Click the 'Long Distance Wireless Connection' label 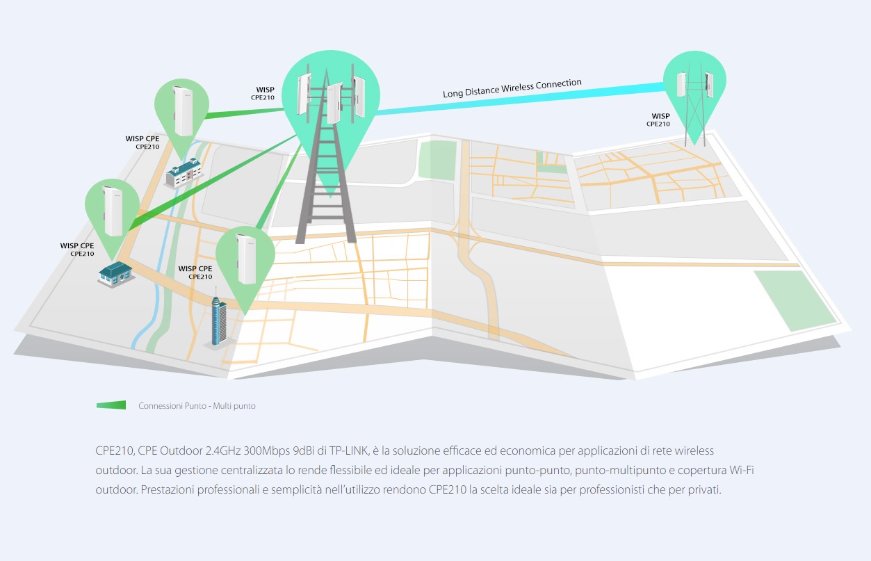click(x=512, y=88)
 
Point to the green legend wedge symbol click(x=111, y=405)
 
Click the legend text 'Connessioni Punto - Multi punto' click(x=197, y=405)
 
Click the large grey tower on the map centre click(x=325, y=181)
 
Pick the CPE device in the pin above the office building click(x=183, y=110)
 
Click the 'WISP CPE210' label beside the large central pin click(x=263, y=93)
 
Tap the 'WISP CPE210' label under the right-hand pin click(x=659, y=120)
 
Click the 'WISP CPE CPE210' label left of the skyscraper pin click(x=195, y=272)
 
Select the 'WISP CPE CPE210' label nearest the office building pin click(x=143, y=143)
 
